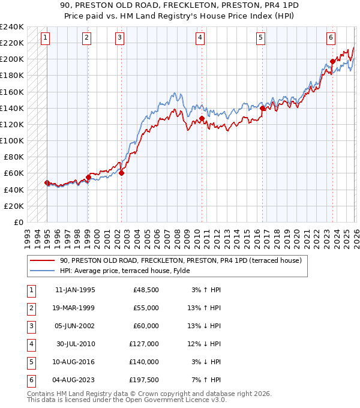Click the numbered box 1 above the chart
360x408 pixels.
coord(46,38)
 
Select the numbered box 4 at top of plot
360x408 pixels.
coord(200,38)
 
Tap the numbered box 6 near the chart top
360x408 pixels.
coord(331,38)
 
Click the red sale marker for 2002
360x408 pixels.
coord(121,173)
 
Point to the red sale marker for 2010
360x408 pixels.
coord(202,119)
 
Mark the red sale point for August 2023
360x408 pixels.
coord(332,61)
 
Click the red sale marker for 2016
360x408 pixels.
coord(262,109)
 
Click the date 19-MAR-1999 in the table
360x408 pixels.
coord(75,308)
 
